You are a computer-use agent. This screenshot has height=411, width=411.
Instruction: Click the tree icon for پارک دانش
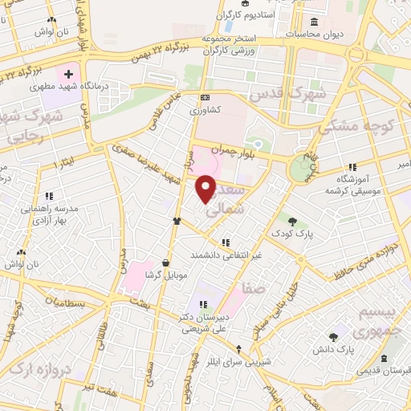[334, 337]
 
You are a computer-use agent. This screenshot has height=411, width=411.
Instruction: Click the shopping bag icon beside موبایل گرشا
[165, 262]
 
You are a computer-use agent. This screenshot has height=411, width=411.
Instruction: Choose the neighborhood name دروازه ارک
[25, 372]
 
